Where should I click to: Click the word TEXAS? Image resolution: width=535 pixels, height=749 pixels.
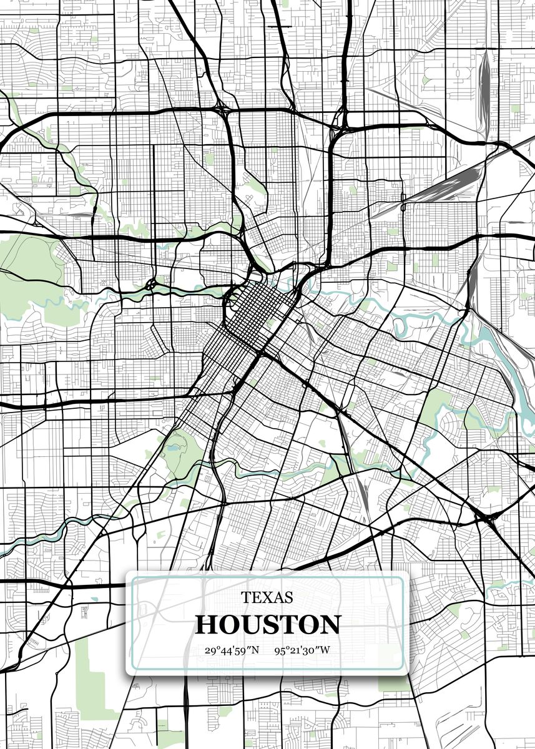[x=267, y=597]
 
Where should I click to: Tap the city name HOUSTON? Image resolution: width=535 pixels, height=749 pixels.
[x=268, y=625]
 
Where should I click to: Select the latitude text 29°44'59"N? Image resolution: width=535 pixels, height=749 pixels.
[x=231, y=650]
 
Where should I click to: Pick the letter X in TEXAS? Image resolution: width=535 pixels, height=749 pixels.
[x=267, y=597]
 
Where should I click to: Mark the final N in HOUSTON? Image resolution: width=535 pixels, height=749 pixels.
[x=330, y=625]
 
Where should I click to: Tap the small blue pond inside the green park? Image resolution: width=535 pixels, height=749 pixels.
[x=172, y=447]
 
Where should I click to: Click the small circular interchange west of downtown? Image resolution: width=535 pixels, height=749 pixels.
[x=152, y=284]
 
